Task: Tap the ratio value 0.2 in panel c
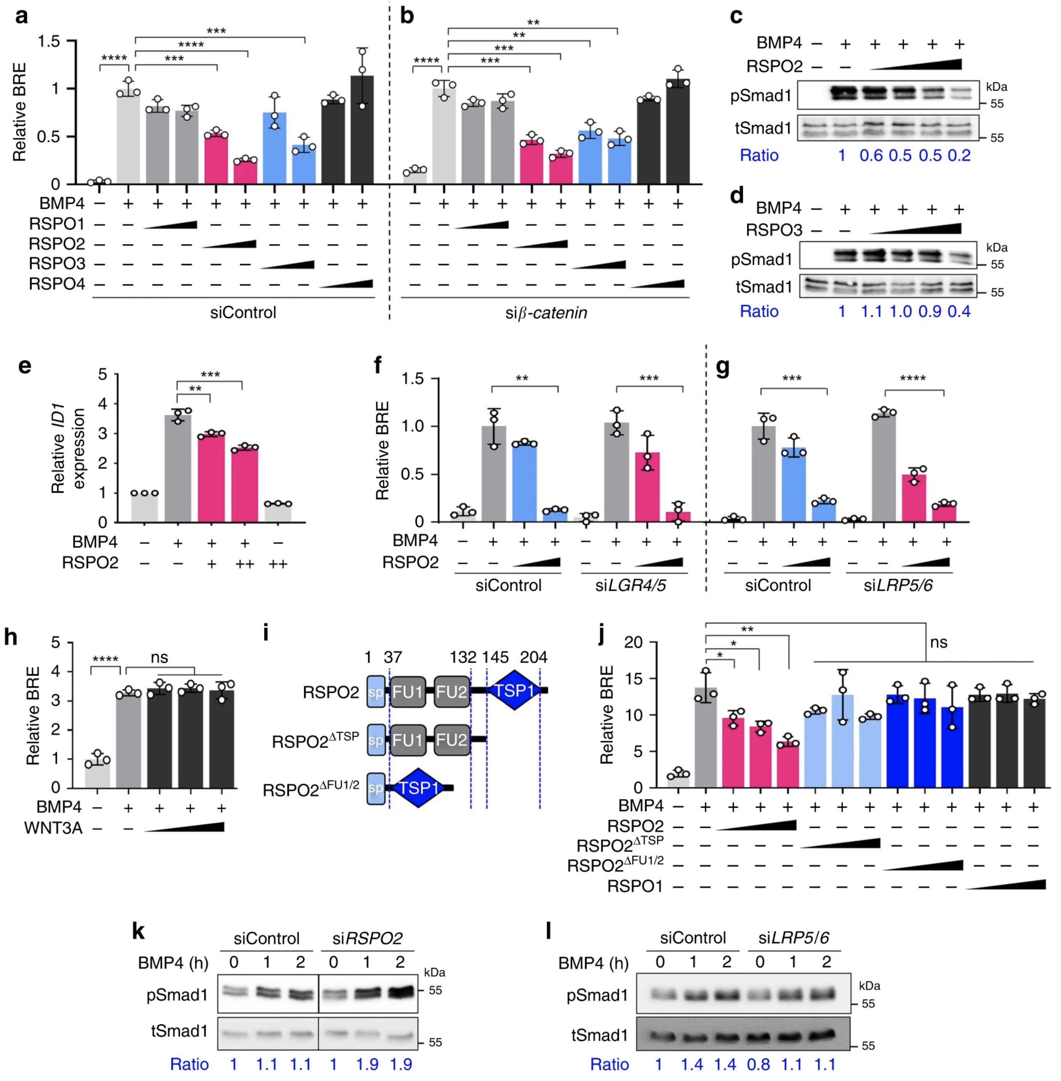(958, 155)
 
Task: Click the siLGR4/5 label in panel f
(630, 585)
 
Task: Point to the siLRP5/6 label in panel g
(898, 585)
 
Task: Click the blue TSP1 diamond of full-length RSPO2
(514, 691)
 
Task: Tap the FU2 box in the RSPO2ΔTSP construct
(451, 740)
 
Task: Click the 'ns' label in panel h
(159, 658)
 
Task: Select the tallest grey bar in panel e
(178, 468)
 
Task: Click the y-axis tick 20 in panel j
(633, 642)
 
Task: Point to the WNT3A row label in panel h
(53, 828)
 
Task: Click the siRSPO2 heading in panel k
(367, 939)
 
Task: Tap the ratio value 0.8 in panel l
(758, 1065)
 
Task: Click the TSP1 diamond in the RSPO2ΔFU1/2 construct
(418, 788)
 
